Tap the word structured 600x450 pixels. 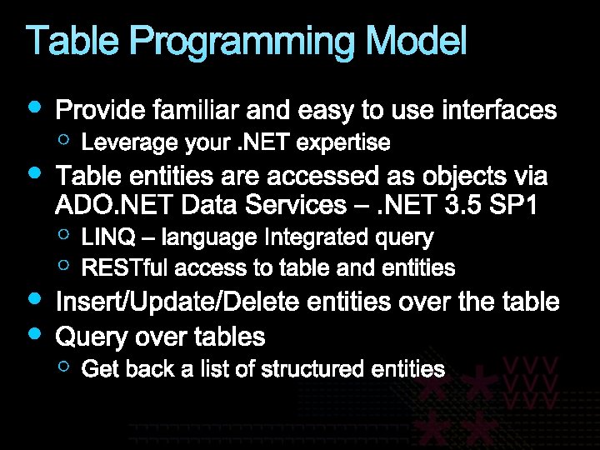(x=311, y=369)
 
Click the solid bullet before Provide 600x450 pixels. (x=34, y=106)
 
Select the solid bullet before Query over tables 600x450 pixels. (x=34, y=333)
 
